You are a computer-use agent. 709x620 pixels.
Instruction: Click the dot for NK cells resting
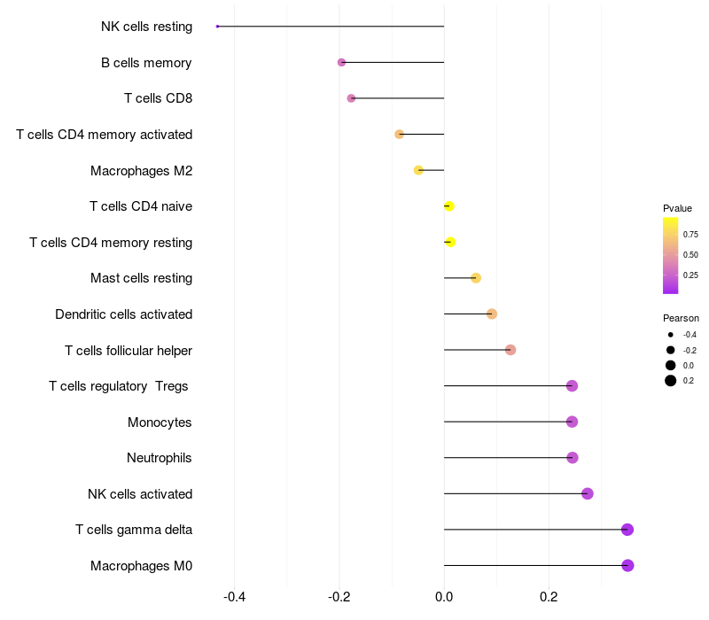[x=217, y=27]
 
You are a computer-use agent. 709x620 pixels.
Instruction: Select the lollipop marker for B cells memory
[x=342, y=62]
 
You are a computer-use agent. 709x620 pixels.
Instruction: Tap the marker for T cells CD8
[x=351, y=98]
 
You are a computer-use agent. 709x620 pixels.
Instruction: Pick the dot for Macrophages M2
[x=419, y=170]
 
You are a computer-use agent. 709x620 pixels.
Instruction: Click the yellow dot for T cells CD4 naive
[x=449, y=206]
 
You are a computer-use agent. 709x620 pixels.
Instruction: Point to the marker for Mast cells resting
[x=476, y=278]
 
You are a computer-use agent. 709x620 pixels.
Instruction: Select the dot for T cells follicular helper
[x=510, y=350]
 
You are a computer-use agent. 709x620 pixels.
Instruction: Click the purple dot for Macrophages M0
[x=627, y=565]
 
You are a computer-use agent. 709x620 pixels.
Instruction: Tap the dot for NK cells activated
[x=587, y=493]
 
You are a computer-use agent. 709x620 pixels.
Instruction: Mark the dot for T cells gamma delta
[x=627, y=530]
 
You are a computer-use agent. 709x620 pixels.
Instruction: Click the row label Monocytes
[x=160, y=422]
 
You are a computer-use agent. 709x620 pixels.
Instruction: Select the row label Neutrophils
[x=160, y=458]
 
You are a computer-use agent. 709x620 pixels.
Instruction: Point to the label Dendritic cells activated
[x=124, y=314]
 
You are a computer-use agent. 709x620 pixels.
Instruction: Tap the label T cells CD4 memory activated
[x=105, y=135]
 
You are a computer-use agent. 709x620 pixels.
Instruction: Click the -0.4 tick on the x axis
[x=234, y=597]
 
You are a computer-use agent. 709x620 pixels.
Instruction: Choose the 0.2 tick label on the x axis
[x=549, y=597]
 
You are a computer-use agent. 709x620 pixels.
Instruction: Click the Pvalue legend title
[x=678, y=208]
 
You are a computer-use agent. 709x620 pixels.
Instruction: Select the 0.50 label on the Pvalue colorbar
[x=690, y=255]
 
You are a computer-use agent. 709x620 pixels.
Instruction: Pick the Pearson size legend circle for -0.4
[x=671, y=335]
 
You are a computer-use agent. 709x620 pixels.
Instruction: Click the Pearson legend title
[x=681, y=318]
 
